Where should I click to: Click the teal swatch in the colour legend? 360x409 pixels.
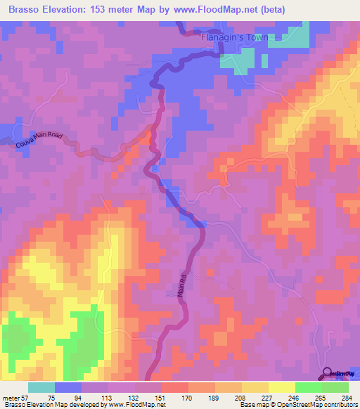(41, 387)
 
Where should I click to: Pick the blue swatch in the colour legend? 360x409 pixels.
(68, 387)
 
